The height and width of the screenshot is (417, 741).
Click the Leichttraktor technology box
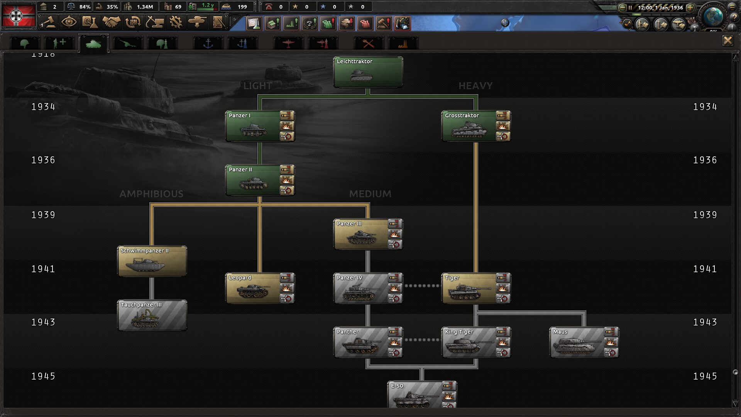click(368, 72)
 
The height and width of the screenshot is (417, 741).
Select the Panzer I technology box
click(260, 126)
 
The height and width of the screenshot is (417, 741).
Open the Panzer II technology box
click(260, 180)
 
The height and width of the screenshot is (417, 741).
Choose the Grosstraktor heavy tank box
click(476, 126)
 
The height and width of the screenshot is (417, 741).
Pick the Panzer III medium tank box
click(368, 234)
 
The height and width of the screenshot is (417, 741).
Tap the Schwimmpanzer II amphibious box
click(152, 261)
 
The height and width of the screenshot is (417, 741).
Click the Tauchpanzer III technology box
click(152, 315)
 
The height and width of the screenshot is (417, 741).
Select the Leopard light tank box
click(260, 288)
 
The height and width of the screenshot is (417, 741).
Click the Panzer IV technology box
click(368, 288)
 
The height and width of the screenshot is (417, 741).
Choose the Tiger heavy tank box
click(476, 288)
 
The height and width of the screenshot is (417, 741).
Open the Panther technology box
click(368, 342)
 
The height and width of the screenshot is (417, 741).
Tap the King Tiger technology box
click(476, 342)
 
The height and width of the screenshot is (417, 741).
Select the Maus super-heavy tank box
click(584, 342)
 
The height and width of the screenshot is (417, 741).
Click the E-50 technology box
click(422, 394)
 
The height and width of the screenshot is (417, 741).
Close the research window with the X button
click(727, 41)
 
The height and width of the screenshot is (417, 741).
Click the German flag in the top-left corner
click(19, 15)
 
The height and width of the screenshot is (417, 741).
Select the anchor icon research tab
click(208, 43)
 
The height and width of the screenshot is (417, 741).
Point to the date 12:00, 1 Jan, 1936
click(660, 7)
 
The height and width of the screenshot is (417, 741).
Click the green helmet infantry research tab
click(24, 43)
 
